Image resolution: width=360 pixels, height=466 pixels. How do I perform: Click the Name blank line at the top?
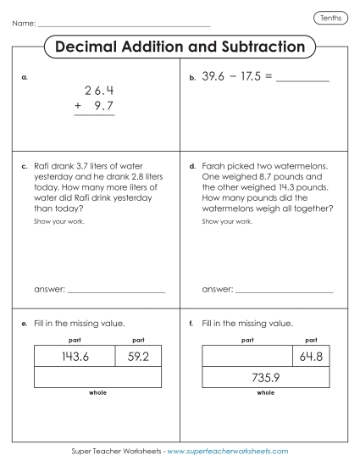click(x=124, y=25)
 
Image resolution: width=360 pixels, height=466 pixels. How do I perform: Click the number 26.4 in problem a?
click(x=99, y=91)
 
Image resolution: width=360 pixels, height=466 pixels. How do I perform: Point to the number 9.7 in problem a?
click(x=104, y=106)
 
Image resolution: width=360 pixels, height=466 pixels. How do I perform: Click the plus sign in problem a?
click(x=78, y=106)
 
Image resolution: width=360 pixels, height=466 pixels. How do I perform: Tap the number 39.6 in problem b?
click(x=213, y=76)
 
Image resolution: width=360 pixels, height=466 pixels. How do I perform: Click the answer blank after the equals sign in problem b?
click(x=302, y=78)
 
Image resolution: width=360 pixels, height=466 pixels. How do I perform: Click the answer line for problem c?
click(x=116, y=291)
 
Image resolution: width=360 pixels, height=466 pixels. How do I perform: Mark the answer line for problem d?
click(x=284, y=291)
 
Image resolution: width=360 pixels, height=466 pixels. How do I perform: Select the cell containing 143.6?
click(x=75, y=357)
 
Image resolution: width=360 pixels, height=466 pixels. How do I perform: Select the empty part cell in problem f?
click(x=247, y=357)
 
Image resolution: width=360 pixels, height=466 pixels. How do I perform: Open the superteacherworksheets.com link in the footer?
click(x=228, y=452)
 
